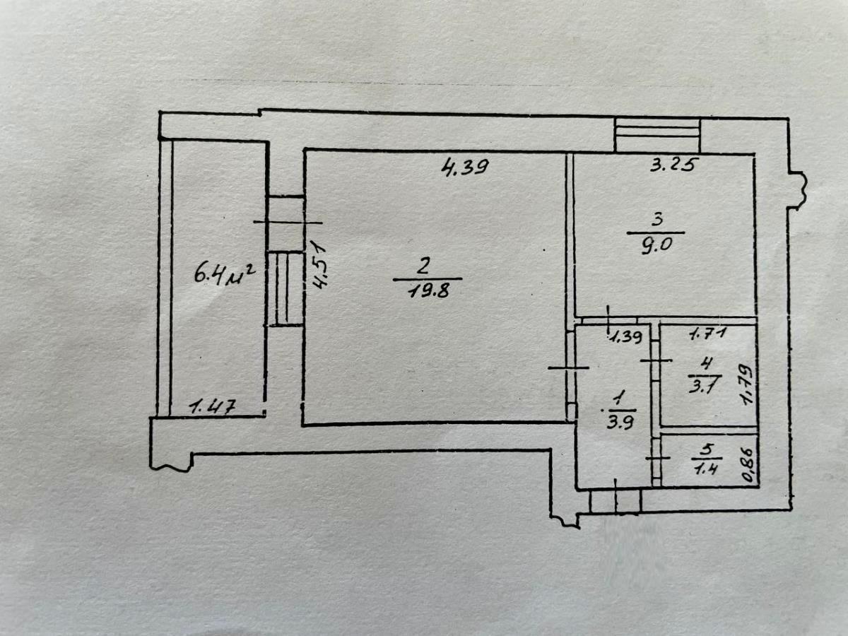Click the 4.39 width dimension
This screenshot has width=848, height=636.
pyautogui.click(x=465, y=167)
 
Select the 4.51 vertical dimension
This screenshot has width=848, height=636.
pyautogui.click(x=321, y=265)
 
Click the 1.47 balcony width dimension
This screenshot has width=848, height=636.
pyautogui.click(x=212, y=408)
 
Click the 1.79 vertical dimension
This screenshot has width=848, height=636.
pyautogui.click(x=748, y=384)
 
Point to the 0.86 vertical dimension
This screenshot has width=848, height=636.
pyautogui.click(x=748, y=464)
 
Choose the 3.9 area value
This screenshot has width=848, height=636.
pyautogui.click(x=620, y=423)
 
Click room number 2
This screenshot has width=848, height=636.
pyautogui.click(x=423, y=266)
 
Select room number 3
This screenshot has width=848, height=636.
pyautogui.click(x=656, y=220)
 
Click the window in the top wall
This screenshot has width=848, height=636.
pyautogui.click(x=657, y=135)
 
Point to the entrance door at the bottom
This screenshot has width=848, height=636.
pyautogui.click(x=616, y=502)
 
